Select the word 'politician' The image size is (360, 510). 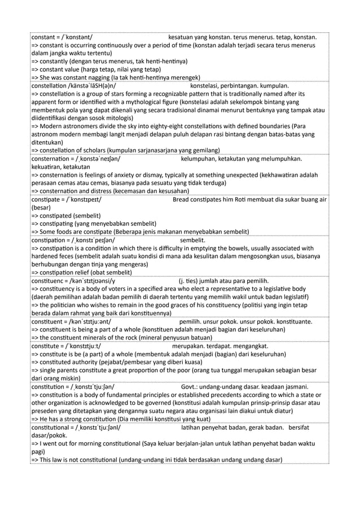pos(62,304)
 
